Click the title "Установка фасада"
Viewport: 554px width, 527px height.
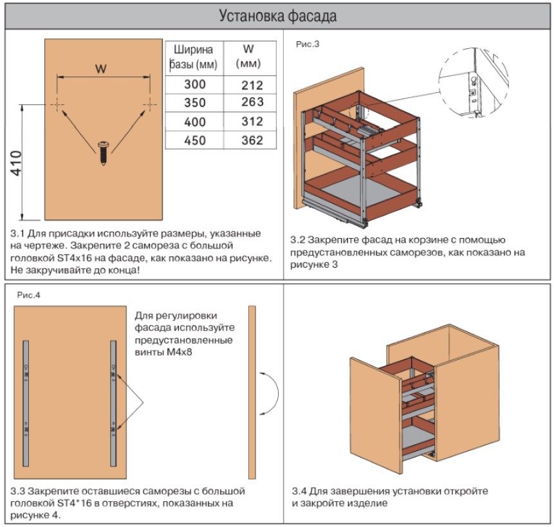point(277,15)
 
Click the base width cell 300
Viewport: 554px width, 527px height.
point(194,84)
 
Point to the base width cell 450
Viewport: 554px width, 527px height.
point(194,140)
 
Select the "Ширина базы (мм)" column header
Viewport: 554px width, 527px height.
point(194,57)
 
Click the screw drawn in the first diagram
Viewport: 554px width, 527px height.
point(103,152)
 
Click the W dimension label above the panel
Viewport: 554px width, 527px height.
point(101,69)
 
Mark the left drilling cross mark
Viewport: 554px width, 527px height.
point(57,104)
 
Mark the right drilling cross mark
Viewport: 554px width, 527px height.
point(149,104)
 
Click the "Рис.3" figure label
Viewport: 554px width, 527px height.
point(308,44)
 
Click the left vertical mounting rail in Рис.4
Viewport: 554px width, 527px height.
point(26,403)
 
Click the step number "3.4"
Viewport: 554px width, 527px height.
point(300,491)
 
